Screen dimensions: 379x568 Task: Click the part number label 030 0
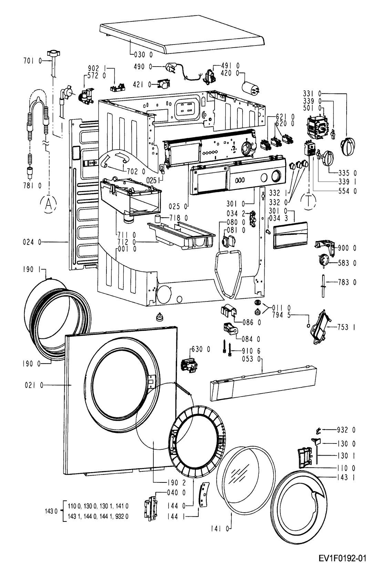point(143,54)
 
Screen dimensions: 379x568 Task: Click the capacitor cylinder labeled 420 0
point(251,87)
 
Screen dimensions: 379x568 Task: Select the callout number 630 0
point(201,349)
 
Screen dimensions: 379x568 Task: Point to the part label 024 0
point(32,242)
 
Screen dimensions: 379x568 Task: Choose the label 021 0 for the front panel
point(34,385)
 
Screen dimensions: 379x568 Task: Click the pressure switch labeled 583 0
point(323,260)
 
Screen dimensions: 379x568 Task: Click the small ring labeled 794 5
point(308,325)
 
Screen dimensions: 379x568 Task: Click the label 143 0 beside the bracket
point(51,511)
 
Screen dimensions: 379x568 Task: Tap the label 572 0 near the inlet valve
point(97,76)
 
